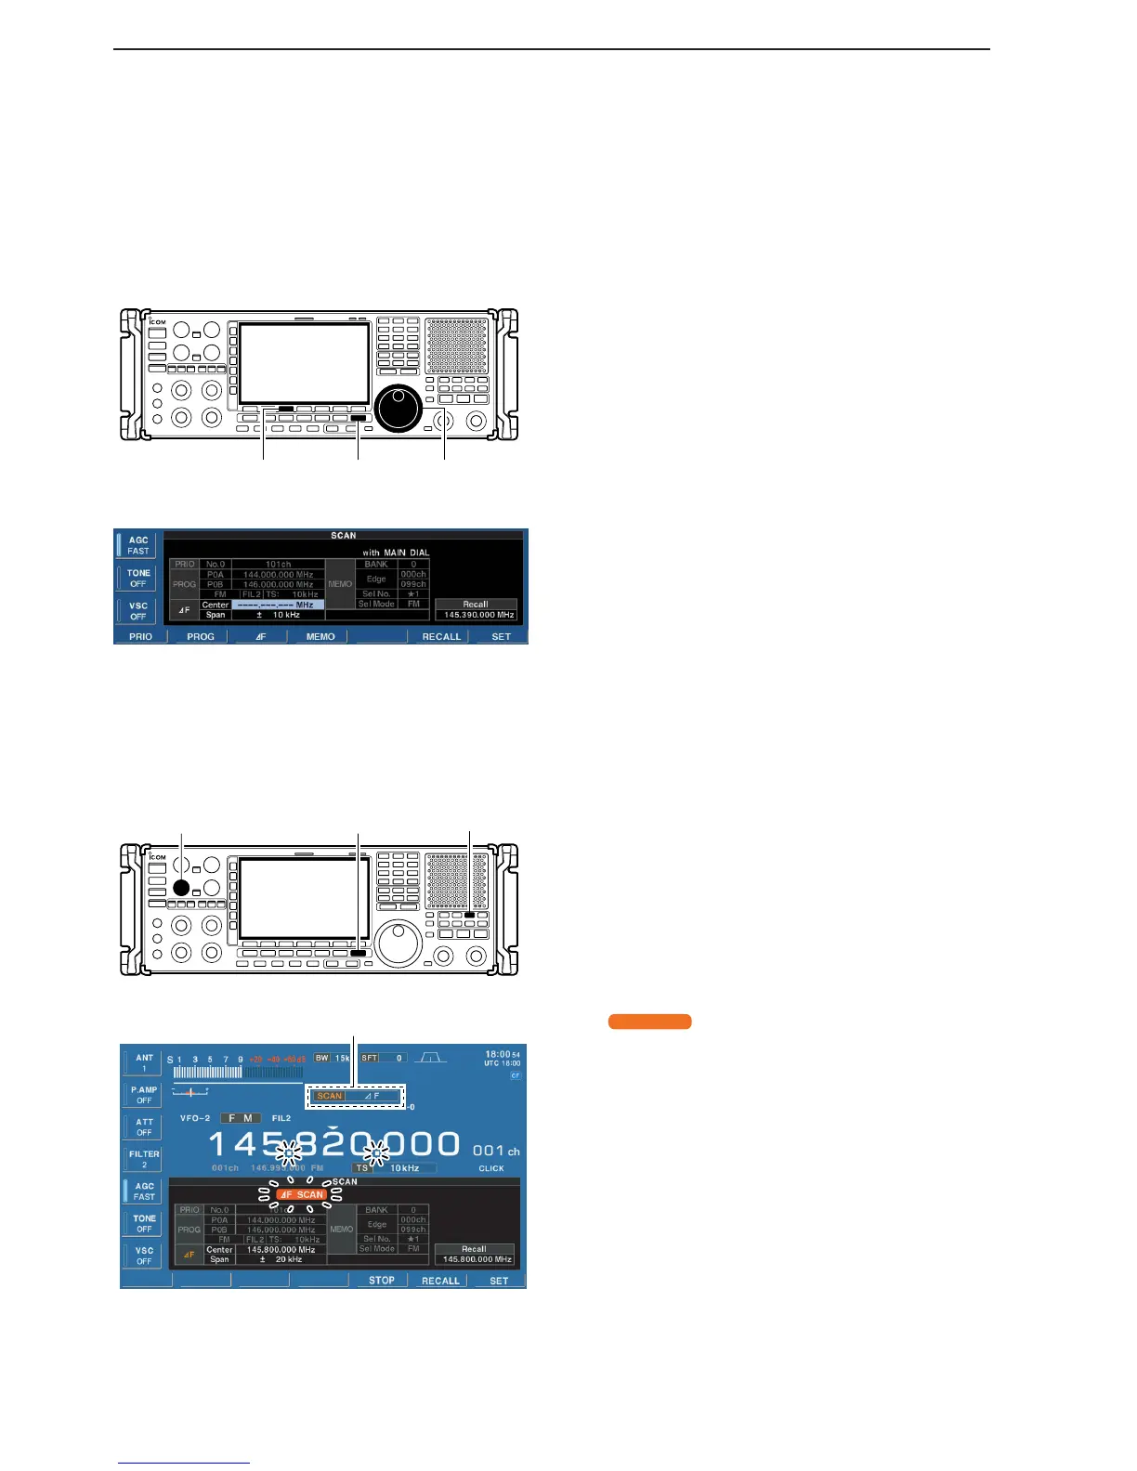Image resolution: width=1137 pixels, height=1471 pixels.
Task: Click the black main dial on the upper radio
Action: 399,407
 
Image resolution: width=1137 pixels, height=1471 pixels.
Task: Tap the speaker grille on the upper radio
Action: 456,345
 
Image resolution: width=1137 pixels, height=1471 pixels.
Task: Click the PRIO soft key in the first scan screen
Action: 140,636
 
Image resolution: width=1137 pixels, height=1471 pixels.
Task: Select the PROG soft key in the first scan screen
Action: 201,636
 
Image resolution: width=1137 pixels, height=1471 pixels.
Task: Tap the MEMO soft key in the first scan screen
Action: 320,636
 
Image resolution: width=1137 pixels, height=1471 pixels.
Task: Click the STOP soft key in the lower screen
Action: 382,1280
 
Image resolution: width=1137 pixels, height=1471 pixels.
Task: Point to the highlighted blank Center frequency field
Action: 278,605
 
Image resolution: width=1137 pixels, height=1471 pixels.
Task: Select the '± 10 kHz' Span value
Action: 278,615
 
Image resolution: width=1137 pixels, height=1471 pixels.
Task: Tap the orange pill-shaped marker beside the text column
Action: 649,1022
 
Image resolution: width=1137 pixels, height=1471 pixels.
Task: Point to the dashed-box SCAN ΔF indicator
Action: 358,1096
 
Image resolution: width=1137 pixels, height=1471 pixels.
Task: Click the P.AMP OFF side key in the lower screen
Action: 144,1094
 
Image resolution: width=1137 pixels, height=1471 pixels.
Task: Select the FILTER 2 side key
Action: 144,1158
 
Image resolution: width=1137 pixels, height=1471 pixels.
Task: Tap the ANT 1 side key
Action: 144,1062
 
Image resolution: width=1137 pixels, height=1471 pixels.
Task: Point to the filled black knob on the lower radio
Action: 181,888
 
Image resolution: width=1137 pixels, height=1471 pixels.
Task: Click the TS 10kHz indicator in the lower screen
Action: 395,1167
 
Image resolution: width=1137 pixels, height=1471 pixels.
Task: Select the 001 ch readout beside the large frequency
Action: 495,1152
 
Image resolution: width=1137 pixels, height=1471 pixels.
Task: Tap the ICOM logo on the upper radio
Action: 158,321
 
